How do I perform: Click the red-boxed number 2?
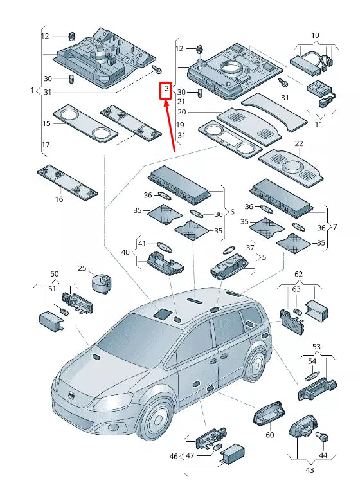point(166,89)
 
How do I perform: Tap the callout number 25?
point(82,268)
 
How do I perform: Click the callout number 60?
point(270,435)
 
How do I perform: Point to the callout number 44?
point(323,455)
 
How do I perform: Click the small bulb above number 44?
point(322,437)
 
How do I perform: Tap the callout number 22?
point(299,143)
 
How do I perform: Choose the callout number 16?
point(59,199)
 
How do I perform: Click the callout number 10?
point(315,35)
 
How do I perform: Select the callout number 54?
point(312,361)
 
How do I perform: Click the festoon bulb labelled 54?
point(312,376)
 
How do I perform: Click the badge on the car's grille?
point(72,396)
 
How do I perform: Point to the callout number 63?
point(296,289)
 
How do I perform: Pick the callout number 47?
point(190,455)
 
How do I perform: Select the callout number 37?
point(249,248)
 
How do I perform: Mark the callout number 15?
point(46,123)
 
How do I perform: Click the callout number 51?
point(51,289)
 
